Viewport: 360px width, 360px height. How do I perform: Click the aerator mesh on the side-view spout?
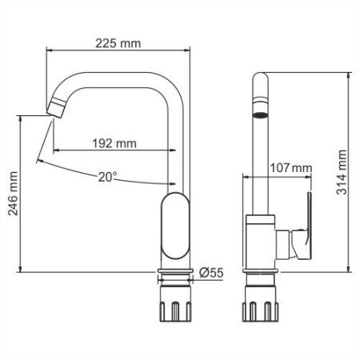point(260,111)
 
